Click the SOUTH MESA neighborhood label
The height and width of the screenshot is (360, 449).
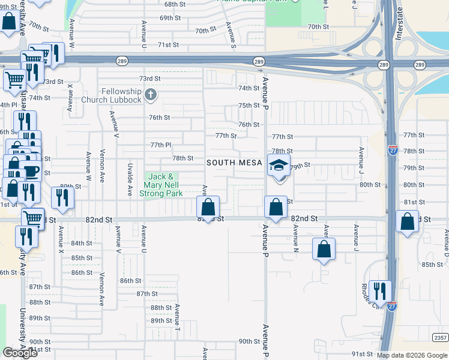(235, 163)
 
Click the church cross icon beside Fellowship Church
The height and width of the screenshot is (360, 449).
(150, 94)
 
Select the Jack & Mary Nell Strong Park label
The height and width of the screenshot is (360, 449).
(161, 185)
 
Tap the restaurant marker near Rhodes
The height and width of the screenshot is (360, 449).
(380, 292)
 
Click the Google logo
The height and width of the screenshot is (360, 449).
(20, 353)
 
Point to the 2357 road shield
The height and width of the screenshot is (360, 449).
(439, 338)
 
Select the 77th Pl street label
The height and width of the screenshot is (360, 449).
(161, 145)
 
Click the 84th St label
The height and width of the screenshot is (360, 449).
(81, 243)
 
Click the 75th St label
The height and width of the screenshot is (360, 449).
(249, 105)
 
